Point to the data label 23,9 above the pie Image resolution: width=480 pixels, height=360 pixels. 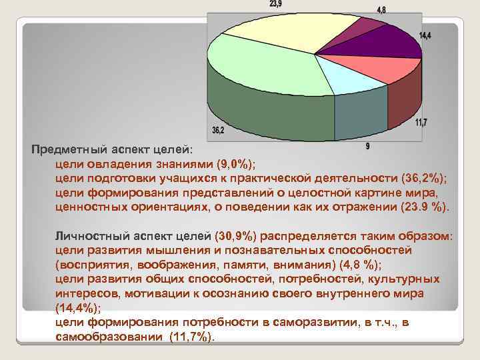tap(275, 4)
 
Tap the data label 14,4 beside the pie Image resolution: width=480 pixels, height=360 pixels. tap(425, 35)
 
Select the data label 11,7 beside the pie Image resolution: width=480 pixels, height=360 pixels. tap(421, 122)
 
